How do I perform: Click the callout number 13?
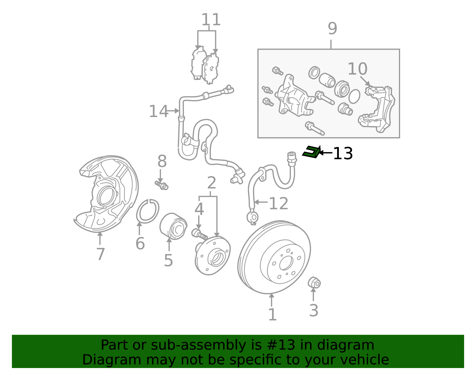click(343, 154)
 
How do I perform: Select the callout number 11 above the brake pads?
click(211, 20)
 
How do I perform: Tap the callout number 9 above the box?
click(332, 29)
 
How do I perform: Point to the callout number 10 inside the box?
click(357, 69)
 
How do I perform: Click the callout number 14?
click(158, 111)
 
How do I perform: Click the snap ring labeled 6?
click(148, 211)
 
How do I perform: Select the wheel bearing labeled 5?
click(173, 226)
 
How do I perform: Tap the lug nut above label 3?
click(314, 282)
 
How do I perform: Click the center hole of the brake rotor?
click(286, 262)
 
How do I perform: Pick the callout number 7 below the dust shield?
click(100, 254)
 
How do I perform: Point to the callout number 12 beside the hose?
click(278, 204)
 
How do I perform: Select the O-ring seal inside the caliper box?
click(354, 96)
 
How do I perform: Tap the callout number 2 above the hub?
click(211, 183)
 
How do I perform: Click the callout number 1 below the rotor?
click(272, 315)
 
